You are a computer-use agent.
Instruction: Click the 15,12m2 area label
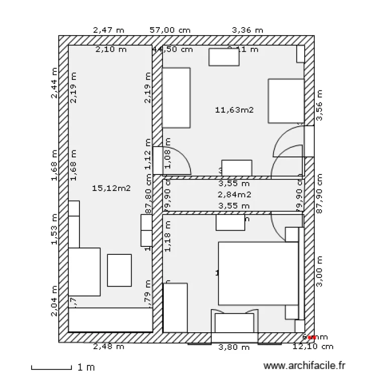point(112,189)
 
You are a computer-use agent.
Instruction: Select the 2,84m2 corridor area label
point(234,195)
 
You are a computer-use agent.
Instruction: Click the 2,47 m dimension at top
point(109,30)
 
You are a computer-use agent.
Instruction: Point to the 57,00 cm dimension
point(170,30)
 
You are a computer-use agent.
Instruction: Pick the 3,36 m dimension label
point(247,30)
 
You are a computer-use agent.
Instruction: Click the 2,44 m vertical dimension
point(55,83)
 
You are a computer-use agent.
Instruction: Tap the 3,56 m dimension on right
point(319,106)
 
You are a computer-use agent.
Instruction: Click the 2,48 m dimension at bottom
point(109,346)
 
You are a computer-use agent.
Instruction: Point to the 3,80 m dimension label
point(234,347)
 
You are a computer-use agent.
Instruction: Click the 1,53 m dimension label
point(55,229)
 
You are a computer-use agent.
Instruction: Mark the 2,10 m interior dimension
point(111,49)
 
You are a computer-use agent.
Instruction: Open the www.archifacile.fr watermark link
point(305,367)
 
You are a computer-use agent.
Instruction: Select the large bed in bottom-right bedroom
point(258,274)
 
